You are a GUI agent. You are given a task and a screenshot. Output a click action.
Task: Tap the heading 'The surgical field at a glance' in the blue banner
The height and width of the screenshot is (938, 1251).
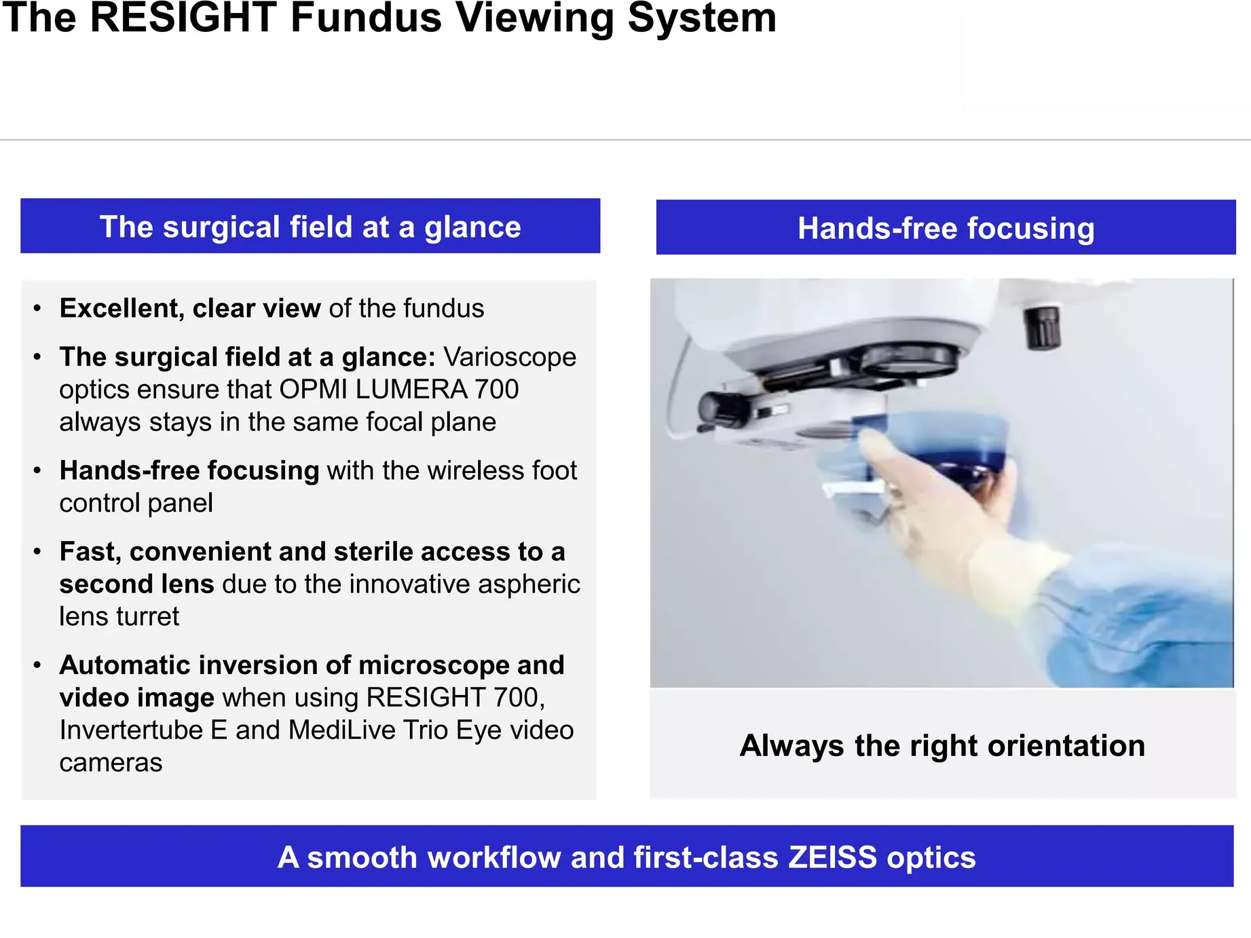coord(310,227)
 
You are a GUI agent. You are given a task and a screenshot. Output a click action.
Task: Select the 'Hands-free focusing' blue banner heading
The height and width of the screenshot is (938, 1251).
coord(946,228)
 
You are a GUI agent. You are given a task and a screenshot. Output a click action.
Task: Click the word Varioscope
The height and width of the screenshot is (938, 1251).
coord(510,357)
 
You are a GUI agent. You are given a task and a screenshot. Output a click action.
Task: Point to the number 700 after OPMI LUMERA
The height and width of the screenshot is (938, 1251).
coord(497,390)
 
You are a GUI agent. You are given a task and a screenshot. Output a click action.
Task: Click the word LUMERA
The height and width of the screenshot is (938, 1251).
coord(411,390)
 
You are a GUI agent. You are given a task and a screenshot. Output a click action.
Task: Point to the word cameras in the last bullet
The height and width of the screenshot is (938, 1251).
coord(111,763)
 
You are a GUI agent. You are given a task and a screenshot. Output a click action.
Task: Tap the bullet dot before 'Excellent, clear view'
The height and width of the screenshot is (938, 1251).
coord(37,309)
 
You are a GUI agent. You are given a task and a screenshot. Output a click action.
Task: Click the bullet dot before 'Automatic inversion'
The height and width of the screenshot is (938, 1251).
coord(37,666)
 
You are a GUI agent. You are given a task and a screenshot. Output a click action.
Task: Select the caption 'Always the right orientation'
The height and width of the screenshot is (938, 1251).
coord(942,745)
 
